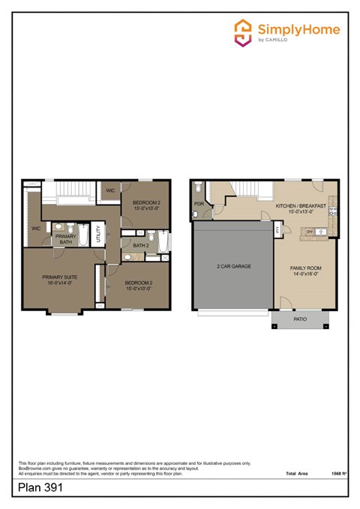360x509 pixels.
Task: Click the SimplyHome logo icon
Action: pos(242,32)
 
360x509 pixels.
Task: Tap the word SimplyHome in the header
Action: pos(298,29)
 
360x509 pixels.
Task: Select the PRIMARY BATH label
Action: pos(66,239)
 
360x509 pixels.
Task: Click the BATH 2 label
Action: pos(140,245)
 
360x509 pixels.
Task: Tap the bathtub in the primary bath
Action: pos(85,238)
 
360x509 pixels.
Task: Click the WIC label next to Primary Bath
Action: pos(35,229)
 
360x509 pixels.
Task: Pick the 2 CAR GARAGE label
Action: pos(233,266)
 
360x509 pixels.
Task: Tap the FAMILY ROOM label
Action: pos(306,268)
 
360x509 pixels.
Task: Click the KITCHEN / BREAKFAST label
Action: pos(300,205)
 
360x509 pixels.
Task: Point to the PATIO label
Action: pos(300,319)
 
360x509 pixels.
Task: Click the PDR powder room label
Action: pos(199,203)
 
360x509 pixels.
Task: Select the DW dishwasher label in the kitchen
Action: pos(309,231)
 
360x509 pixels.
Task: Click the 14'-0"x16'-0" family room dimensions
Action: pos(306,274)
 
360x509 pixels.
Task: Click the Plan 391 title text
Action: pos(40,487)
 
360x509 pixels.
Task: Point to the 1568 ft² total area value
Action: pos(339,474)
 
